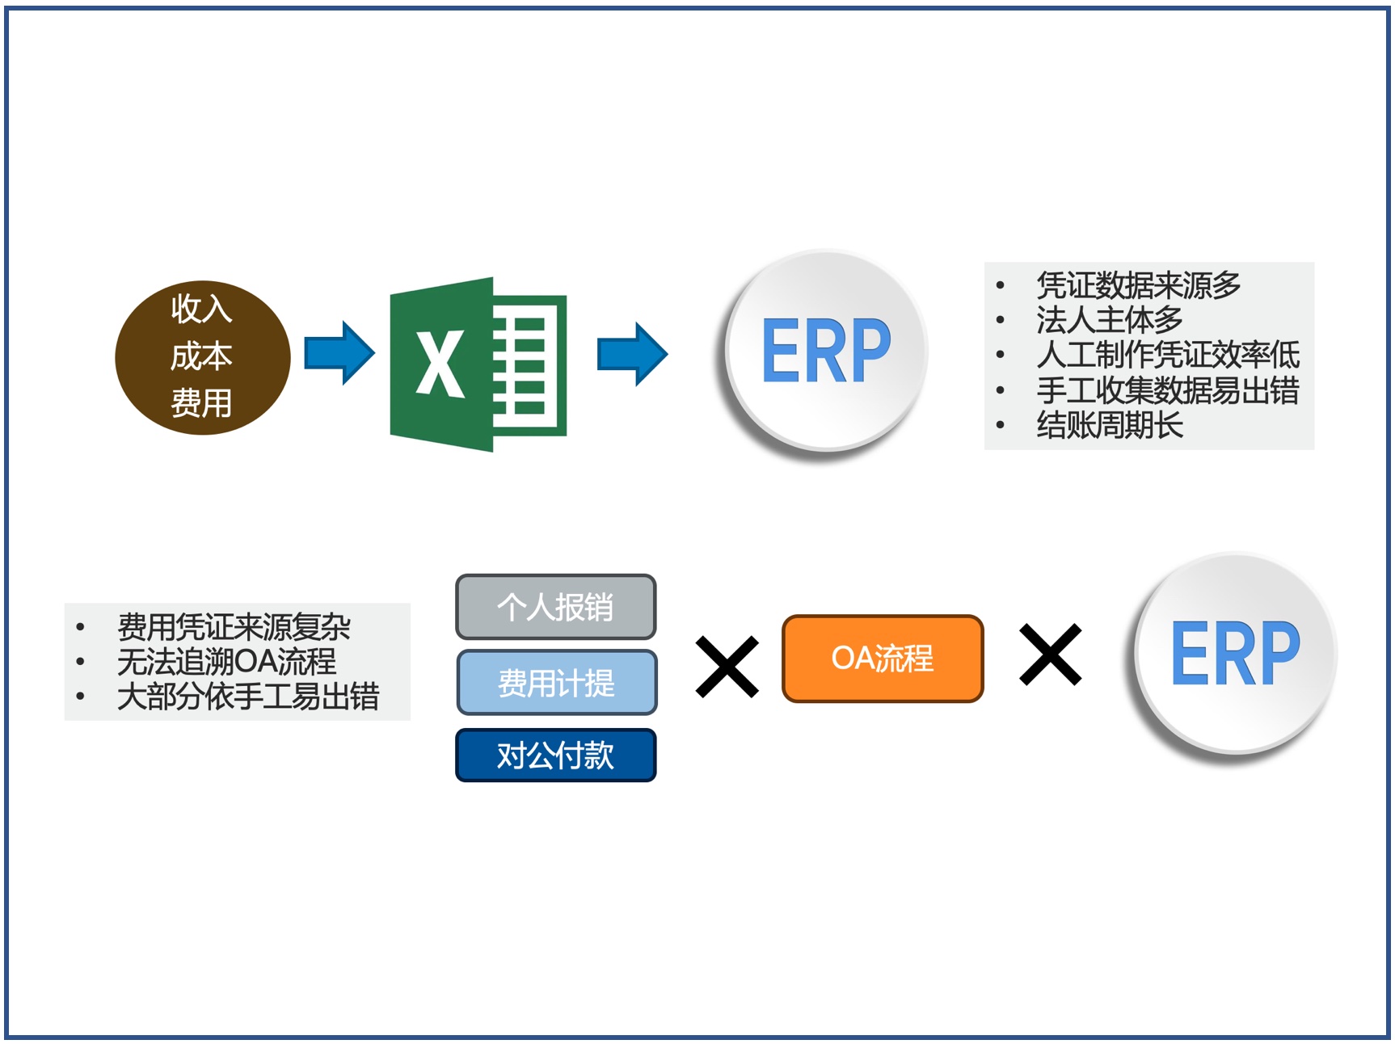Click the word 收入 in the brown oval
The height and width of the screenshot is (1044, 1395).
[x=201, y=309]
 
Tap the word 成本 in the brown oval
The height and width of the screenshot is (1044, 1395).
[x=201, y=356]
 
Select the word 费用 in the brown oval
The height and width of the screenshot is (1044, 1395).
[x=201, y=402]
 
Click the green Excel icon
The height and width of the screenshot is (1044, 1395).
[x=478, y=364]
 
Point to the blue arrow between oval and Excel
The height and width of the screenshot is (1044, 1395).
[x=339, y=353]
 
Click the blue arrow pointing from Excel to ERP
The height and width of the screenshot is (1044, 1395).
[x=633, y=354]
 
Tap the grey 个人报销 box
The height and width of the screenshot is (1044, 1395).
[x=556, y=607]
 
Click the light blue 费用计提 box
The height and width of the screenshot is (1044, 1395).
[x=557, y=683]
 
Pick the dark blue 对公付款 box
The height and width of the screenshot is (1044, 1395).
[x=556, y=756]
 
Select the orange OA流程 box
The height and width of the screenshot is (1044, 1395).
[x=883, y=659]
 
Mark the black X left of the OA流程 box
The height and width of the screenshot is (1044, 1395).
[x=727, y=667]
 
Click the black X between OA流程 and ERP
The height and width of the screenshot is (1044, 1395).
[x=1051, y=655]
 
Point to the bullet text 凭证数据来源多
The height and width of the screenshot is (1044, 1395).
[x=1139, y=285]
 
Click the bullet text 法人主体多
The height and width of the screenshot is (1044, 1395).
[x=1110, y=320]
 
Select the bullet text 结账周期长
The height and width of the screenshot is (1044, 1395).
[x=1110, y=425]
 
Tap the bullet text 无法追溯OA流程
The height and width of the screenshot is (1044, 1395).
[x=226, y=662]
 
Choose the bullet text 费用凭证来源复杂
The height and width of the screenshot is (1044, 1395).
[x=234, y=627]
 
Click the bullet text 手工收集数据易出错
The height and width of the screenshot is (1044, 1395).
[x=1168, y=390]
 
